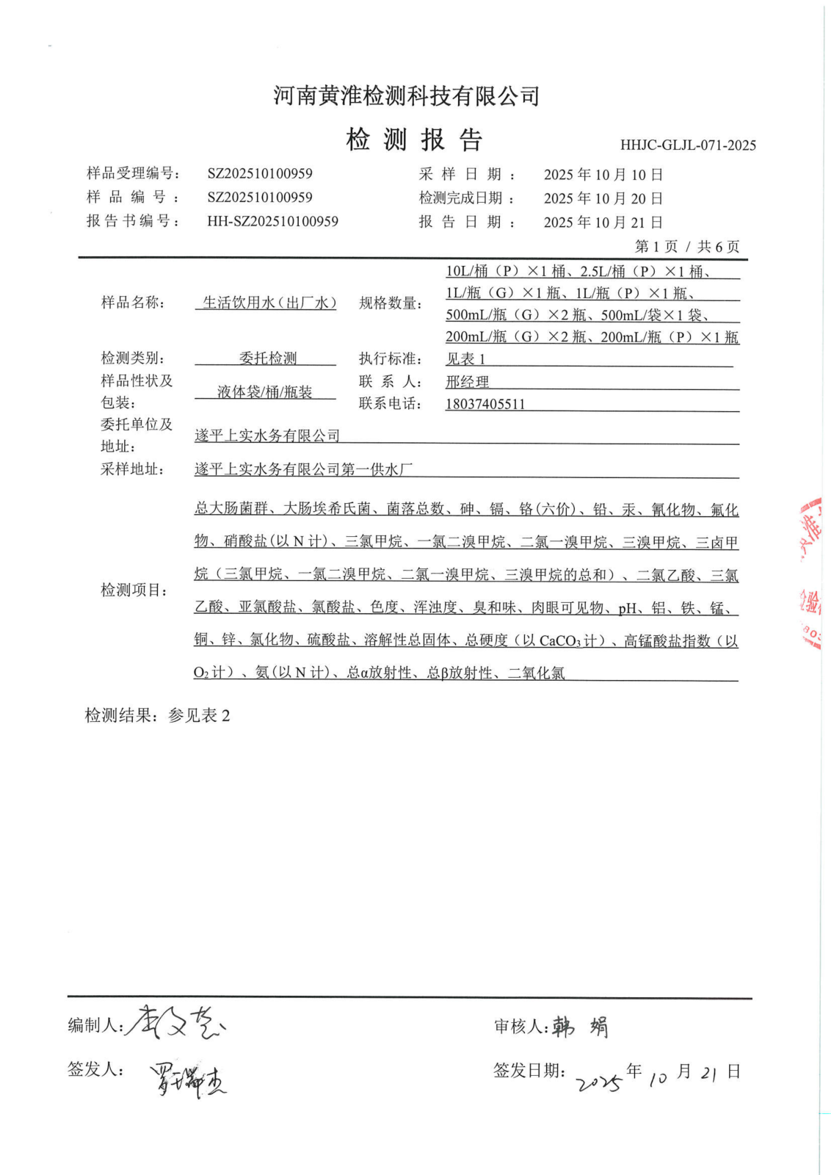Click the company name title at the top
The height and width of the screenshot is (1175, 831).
[407, 95]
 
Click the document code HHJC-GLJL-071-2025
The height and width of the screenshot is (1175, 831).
[687, 145]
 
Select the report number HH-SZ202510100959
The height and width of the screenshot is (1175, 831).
[272, 221]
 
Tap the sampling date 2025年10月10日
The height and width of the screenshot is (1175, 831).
[603, 175]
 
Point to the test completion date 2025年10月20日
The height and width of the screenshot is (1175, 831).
[603, 198]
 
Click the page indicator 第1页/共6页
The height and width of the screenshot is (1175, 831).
[686, 247]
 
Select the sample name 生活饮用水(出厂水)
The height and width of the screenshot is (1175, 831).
[269, 303]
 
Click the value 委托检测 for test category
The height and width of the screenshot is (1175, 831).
[268, 358]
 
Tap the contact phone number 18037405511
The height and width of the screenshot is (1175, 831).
[485, 404]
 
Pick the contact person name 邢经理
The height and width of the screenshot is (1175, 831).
[467, 382]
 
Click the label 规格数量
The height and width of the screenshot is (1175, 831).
[391, 303]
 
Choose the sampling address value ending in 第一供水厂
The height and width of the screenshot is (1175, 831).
[303, 469]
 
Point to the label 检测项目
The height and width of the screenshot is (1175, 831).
[134, 590]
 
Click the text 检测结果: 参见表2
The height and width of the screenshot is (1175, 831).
[157, 715]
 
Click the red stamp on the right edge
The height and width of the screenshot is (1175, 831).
[812, 573]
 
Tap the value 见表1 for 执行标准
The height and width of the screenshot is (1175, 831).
[465, 359]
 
